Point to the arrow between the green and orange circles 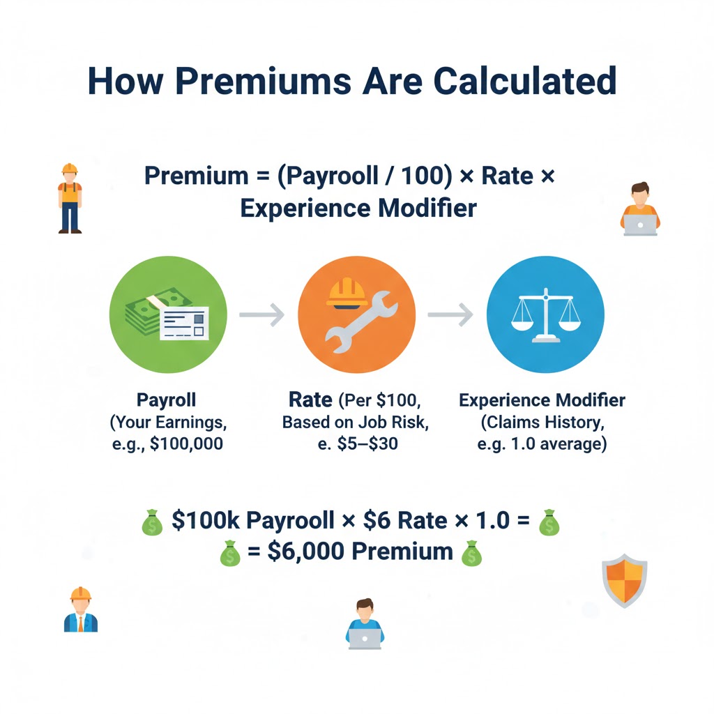(261, 315)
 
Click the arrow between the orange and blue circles (450, 315)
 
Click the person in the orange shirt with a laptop (639, 209)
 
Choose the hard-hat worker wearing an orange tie (81, 609)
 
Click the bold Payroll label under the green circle (166, 400)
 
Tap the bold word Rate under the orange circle (310, 400)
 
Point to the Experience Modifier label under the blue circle (542, 400)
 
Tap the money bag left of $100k (151, 523)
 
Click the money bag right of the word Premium (471, 554)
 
